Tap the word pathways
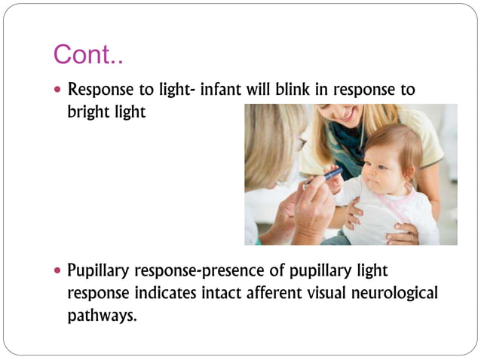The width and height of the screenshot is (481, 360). point(102,315)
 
